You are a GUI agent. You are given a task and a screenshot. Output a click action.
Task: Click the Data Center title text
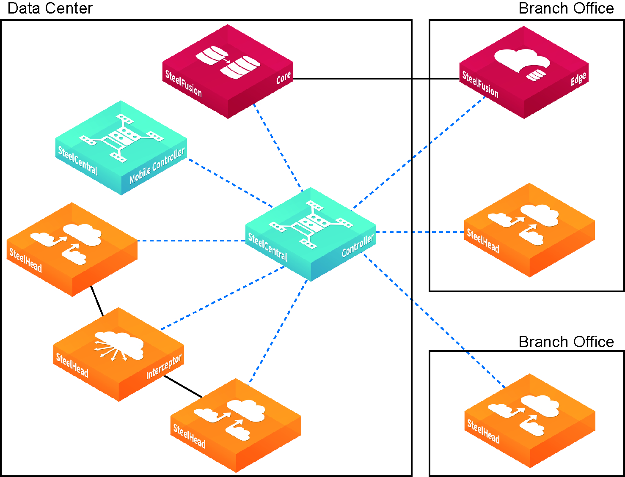coord(50,8)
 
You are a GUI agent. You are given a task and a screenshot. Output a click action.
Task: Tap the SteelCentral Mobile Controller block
coord(121,148)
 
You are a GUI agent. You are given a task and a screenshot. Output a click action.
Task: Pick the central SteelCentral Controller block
coord(311,235)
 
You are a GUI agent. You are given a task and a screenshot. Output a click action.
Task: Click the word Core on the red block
coord(284,77)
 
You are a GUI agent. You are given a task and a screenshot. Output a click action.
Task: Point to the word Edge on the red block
coord(578,79)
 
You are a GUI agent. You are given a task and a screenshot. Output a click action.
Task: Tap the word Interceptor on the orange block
coord(164,367)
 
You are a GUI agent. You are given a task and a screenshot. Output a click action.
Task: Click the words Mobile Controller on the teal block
coord(157,166)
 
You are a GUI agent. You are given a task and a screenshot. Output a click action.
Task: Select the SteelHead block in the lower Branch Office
coord(530,421)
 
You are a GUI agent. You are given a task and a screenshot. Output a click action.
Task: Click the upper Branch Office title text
coord(566,8)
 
